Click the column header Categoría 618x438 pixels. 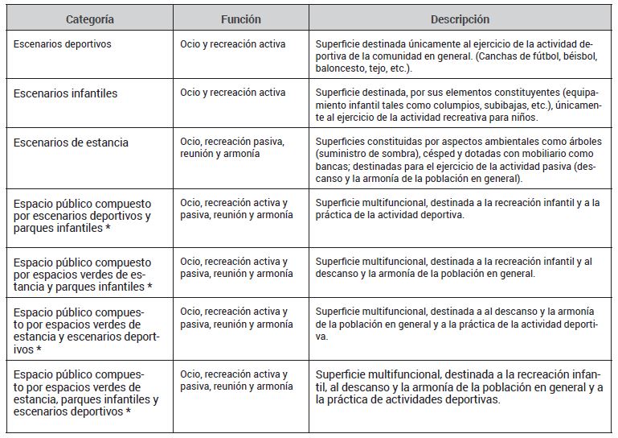(89, 19)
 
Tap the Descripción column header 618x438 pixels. (460, 19)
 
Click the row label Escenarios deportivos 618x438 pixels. (62, 44)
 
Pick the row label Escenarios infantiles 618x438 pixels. (65, 93)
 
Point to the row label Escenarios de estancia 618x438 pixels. (71, 143)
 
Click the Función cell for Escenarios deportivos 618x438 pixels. (232, 44)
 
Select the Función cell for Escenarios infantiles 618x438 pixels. (232, 93)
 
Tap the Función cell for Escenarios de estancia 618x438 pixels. (231, 147)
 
